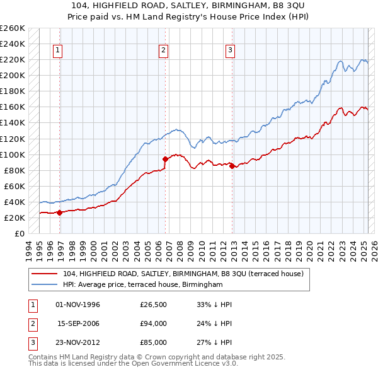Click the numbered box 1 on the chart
click(57, 51)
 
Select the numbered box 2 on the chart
click(163, 51)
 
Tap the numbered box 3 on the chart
click(230, 51)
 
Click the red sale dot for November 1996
click(60, 212)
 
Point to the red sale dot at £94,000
click(165, 160)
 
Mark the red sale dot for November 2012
click(232, 166)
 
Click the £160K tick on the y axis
click(13, 107)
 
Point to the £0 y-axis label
click(20, 234)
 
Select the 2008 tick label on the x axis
click(180, 251)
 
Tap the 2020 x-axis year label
click(309, 251)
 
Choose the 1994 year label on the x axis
click(29, 251)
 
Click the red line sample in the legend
click(44, 274)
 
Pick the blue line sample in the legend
click(44, 284)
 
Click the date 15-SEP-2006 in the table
click(78, 323)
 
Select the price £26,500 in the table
click(153, 305)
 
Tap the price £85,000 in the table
click(153, 342)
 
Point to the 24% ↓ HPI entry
click(214, 323)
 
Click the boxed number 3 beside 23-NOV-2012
click(33, 343)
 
